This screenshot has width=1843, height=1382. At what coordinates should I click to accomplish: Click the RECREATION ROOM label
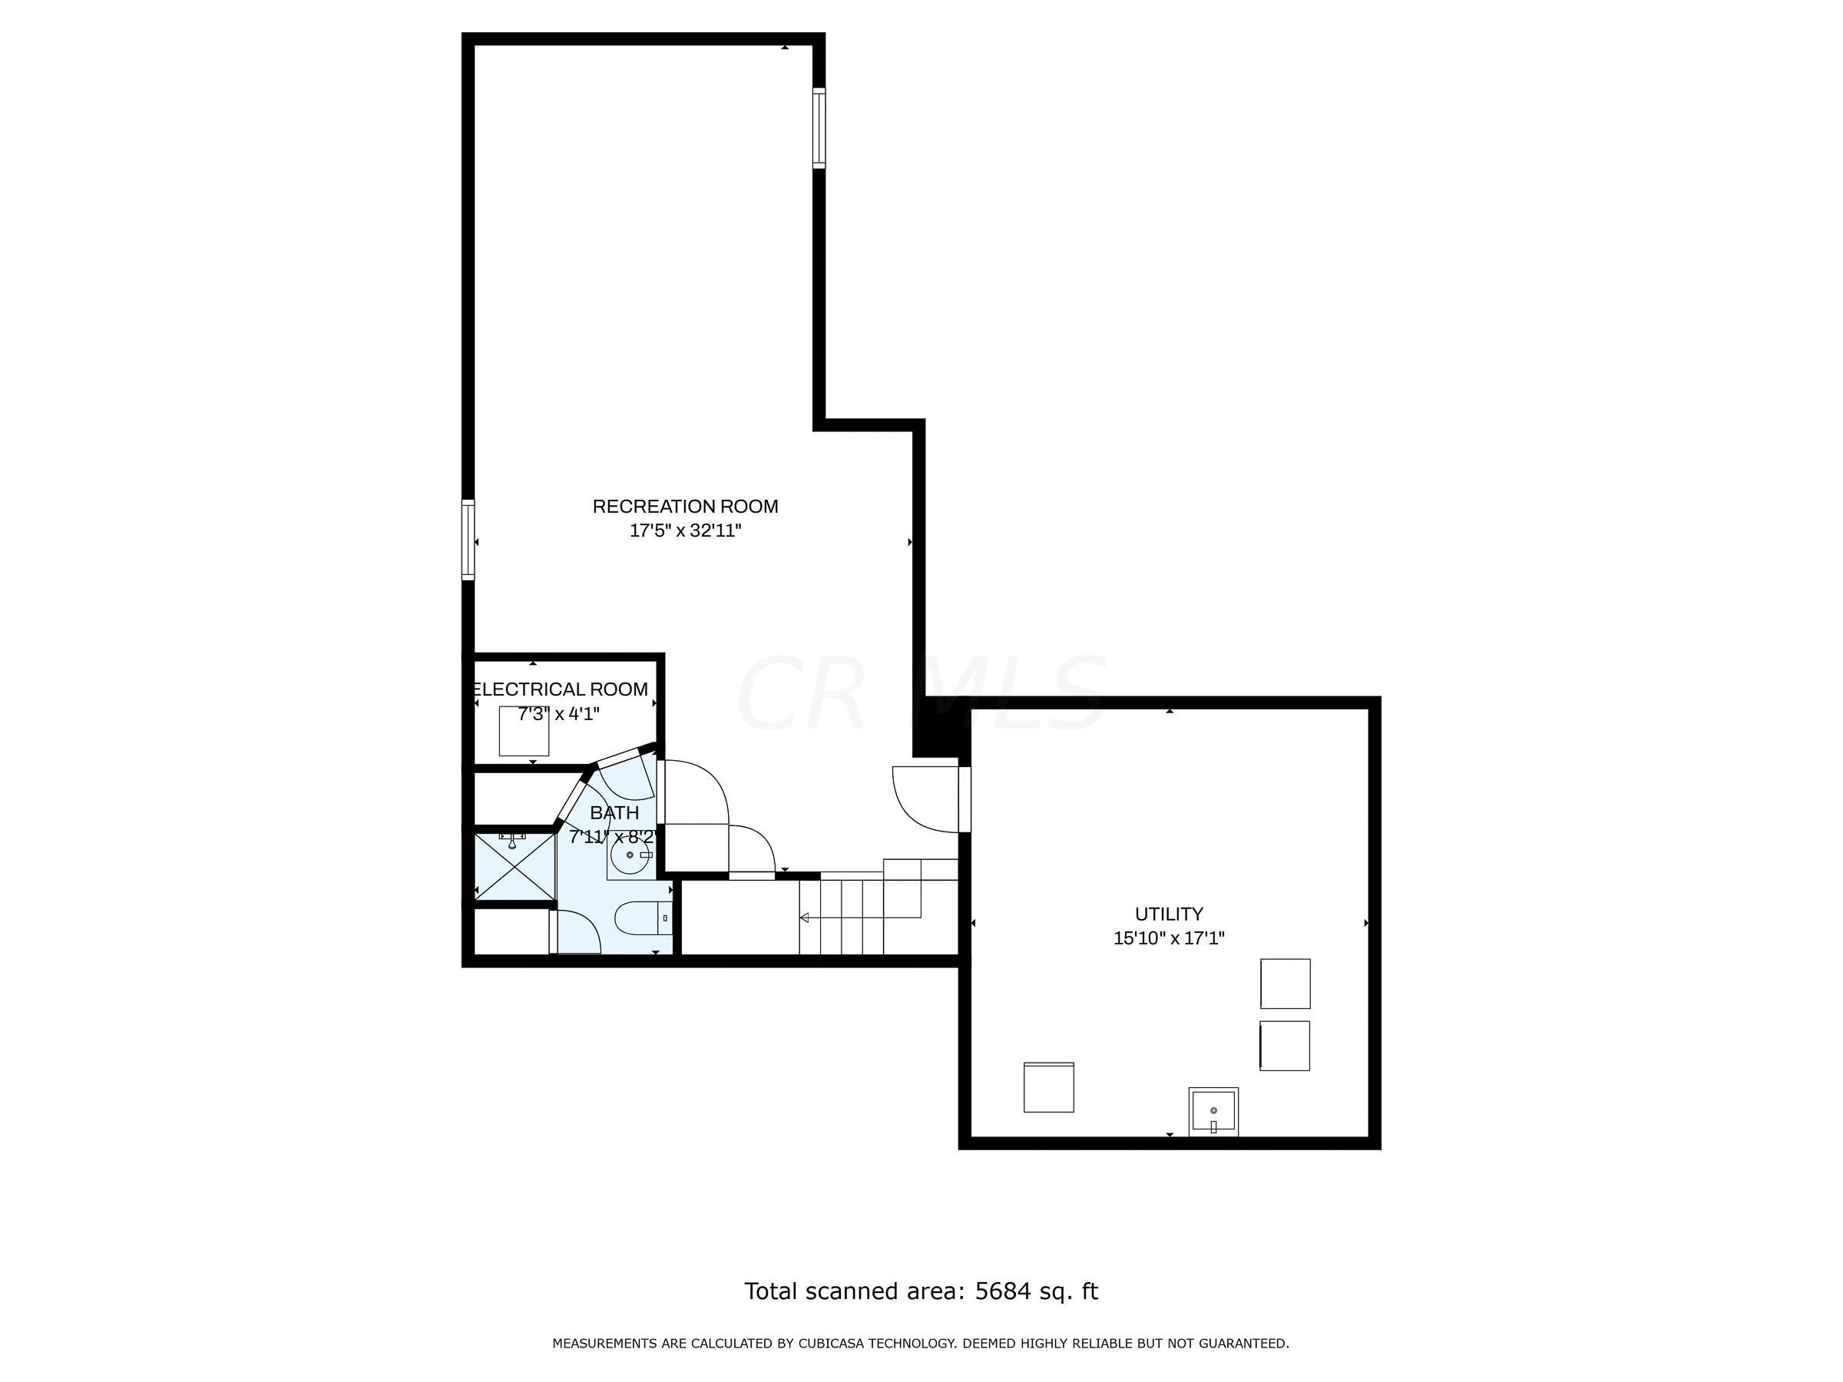(x=685, y=507)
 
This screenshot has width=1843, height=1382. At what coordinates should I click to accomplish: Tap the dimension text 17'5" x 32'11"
(x=685, y=531)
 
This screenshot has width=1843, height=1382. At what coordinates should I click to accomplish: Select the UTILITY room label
(x=1168, y=914)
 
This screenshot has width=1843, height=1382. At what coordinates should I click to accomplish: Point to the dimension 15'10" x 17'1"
(x=1168, y=938)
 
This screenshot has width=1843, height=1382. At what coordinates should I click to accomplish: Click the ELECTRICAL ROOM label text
(x=560, y=689)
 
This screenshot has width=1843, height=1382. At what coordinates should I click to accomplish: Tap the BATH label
(x=615, y=812)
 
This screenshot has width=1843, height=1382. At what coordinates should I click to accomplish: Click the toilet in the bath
(x=641, y=920)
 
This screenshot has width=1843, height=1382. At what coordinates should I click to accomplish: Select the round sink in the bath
(x=629, y=855)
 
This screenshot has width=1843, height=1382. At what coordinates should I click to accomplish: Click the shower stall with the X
(x=514, y=867)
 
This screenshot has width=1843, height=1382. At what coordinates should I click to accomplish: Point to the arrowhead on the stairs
(x=805, y=918)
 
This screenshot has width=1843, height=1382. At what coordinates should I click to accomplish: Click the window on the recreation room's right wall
(x=819, y=128)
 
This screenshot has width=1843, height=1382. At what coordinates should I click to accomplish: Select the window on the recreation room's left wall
(x=468, y=540)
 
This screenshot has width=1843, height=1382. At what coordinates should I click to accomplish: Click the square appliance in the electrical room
(x=524, y=731)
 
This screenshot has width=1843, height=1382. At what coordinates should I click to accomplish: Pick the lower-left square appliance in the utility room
(x=1048, y=1087)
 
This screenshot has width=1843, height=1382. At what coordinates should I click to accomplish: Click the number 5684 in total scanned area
(x=1002, y=1291)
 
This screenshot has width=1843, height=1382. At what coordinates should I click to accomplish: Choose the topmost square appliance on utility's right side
(x=1285, y=984)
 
